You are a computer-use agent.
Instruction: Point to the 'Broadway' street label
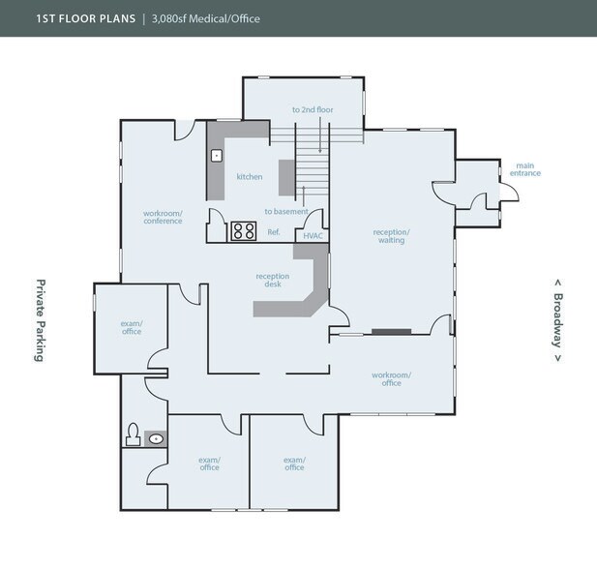[558, 319]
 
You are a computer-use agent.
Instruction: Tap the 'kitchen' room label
[250, 177]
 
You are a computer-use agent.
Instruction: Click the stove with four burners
[243, 231]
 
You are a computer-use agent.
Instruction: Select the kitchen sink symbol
[218, 154]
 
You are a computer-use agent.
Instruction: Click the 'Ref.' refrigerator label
[274, 233]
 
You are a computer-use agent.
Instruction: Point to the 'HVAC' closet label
[312, 234]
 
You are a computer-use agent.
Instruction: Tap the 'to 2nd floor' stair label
[313, 110]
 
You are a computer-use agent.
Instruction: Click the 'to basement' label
[285, 211]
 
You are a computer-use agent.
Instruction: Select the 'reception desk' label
[272, 280]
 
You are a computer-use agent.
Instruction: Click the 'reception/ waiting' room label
[391, 235]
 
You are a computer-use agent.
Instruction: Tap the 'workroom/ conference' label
[163, 216]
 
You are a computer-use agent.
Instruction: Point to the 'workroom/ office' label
[391, 378]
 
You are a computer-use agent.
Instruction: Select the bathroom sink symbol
[157, 439]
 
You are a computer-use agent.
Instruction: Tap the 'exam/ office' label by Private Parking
[132, 327]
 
